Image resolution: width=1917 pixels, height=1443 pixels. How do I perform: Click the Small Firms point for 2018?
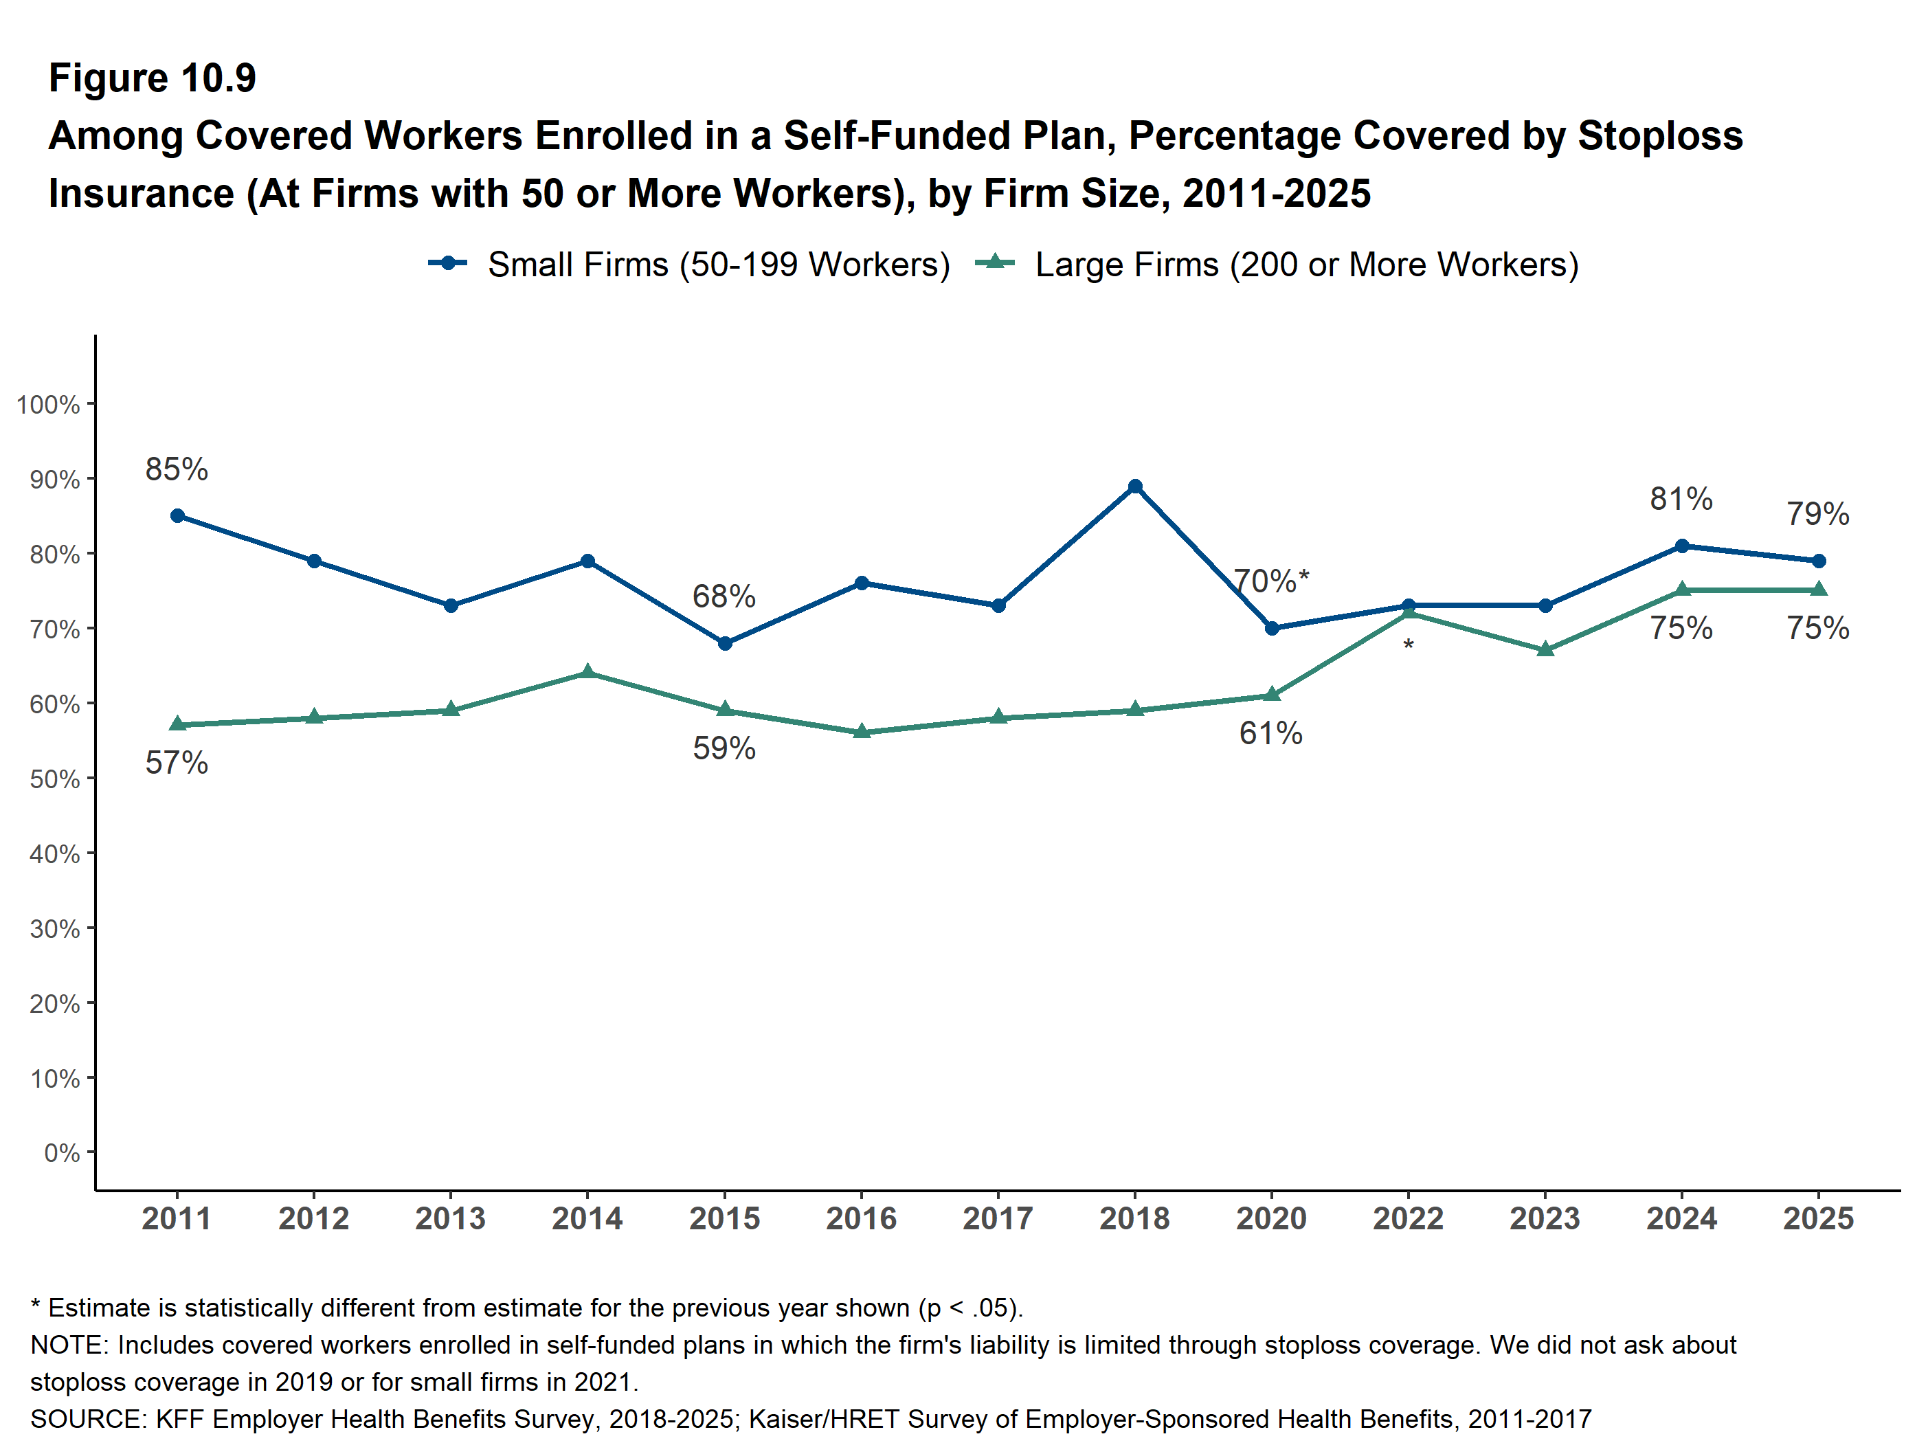1134,486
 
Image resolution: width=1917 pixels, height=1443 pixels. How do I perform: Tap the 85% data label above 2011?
177,469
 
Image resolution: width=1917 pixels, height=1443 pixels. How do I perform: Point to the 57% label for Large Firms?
177,763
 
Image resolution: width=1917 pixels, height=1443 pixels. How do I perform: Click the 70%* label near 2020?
1270,581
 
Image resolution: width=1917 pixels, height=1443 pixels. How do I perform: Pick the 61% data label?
1270,733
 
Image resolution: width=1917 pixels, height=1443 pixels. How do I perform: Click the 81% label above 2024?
1681,498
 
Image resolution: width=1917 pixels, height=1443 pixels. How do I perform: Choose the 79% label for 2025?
1818,514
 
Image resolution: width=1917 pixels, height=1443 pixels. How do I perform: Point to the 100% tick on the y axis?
49,405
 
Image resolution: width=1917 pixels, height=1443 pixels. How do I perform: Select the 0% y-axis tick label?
62,1152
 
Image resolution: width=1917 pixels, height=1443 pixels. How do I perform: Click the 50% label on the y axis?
54,779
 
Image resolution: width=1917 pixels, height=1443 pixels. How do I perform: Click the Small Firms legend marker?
448,262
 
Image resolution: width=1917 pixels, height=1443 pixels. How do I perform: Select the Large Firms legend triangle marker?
995,262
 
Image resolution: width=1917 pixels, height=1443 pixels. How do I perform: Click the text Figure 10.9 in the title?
153,78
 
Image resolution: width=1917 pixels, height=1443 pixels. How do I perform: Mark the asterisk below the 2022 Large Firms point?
1409,646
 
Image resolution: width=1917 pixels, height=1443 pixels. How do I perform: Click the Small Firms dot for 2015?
724,643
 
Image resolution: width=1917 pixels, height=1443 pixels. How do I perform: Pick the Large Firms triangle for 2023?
1545,649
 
